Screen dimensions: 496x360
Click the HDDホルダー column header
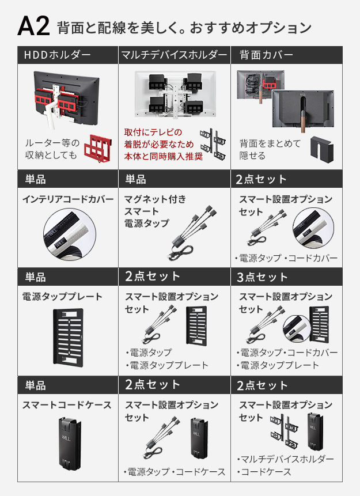coord(57,55)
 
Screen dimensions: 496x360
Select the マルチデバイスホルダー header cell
coord(174,55)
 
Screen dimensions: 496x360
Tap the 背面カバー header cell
coord(266,55)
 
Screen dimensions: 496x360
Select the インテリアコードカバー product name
coord(68,199)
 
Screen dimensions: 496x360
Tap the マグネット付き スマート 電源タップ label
coord(155,211)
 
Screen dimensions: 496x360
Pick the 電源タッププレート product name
coord(62,297)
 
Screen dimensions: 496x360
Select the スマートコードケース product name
coord(67,405)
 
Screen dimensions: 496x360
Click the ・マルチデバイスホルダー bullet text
coord(285,459)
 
